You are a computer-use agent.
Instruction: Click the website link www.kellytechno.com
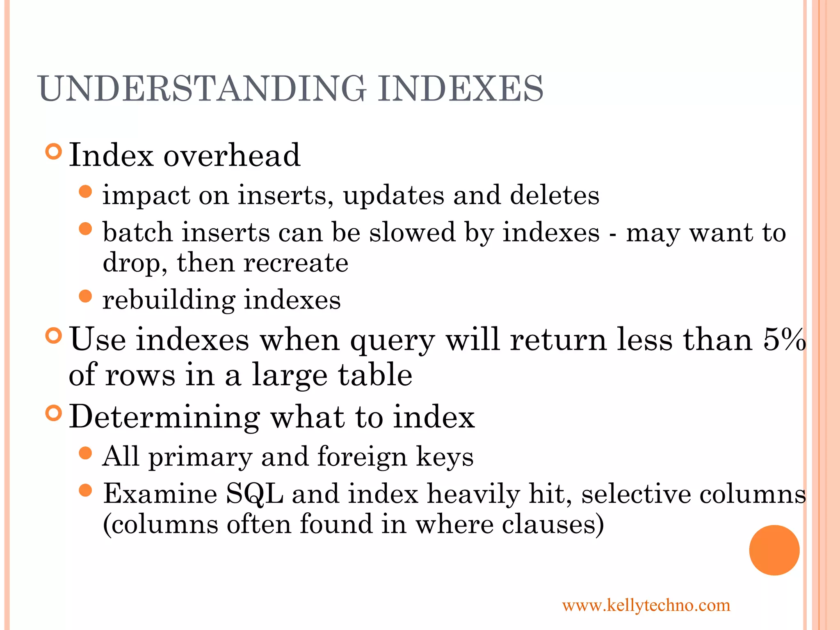[646, 605]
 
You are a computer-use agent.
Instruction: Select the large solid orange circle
[774, 550]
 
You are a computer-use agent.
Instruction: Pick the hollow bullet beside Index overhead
[53, 152]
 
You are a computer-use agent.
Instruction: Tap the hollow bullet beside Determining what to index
[53, 413]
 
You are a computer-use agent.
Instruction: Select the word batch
[137, 232]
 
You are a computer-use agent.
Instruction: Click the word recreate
[296, 262]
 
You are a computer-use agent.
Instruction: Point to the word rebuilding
[169, 300]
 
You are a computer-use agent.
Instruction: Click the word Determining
[164, 417]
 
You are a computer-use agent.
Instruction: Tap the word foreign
[362, 457]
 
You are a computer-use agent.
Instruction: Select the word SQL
[254, 493]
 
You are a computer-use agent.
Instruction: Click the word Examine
[160, 493]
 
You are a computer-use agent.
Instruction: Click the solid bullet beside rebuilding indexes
[85, 296]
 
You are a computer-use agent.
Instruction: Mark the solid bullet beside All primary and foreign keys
[85, 453]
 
